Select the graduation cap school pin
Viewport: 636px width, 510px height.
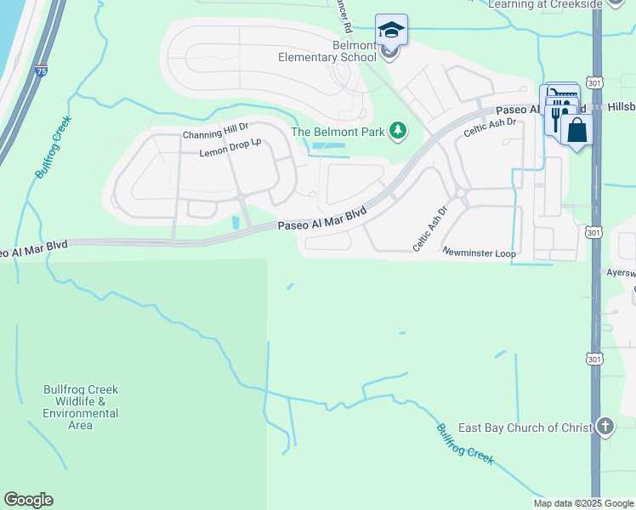point(391,31)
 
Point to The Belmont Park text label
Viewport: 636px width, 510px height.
point(338,132)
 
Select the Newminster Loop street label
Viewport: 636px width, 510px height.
point(479,252)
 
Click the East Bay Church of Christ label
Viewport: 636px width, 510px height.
point(525,428)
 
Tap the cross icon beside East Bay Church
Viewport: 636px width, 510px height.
point(605,425)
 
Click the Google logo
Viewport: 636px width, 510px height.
point(28,500)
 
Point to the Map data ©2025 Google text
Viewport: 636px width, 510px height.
point(582,503)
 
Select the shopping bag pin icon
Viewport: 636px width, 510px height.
point(577,130)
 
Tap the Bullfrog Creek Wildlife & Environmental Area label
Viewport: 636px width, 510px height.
point(81,407)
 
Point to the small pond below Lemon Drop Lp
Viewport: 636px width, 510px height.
point(236,223)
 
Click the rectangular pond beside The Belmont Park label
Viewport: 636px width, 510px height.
point(330,146)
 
